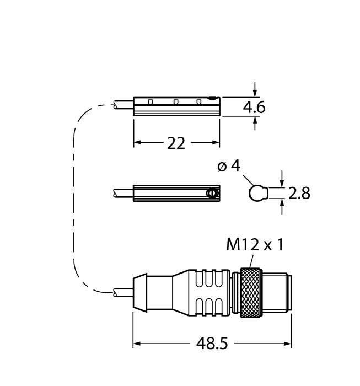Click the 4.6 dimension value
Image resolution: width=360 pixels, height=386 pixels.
click(254, 108)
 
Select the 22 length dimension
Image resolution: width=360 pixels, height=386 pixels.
click(176, 143)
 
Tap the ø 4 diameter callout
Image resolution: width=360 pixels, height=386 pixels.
click(229, 166)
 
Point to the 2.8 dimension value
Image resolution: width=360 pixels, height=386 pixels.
click(299, 193)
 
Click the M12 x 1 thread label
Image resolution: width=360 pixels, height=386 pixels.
click(255, 245)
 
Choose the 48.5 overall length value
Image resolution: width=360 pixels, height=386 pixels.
click(212, 343)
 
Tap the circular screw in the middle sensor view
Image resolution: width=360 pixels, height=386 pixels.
click(212, 193)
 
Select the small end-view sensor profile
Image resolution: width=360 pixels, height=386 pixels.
click(258, 193)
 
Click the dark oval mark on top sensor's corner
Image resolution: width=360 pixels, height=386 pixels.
click(212, 99)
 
